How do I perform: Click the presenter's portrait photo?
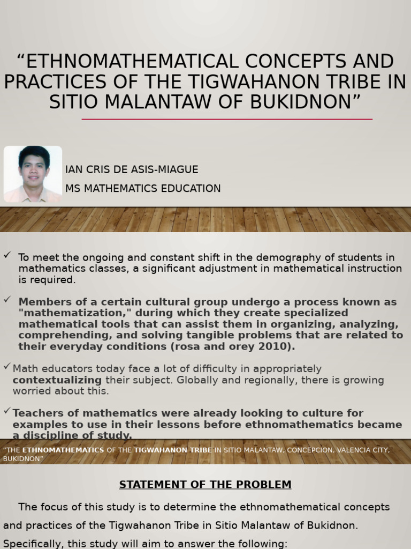pos(33,174)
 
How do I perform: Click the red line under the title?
pos(227,119)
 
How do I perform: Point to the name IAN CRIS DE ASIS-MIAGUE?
pos(132,169)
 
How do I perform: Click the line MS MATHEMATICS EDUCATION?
pos(143,188)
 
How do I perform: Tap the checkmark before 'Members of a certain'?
pos(7,299)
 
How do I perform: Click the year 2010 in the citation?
pos(279,346)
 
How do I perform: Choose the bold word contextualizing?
pos(57,380)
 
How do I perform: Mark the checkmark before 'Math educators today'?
pos(7,366)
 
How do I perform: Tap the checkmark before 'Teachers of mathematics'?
pos(7,411)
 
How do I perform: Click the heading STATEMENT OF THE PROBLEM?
pos(205,485)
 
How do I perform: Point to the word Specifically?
pos(32,543)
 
